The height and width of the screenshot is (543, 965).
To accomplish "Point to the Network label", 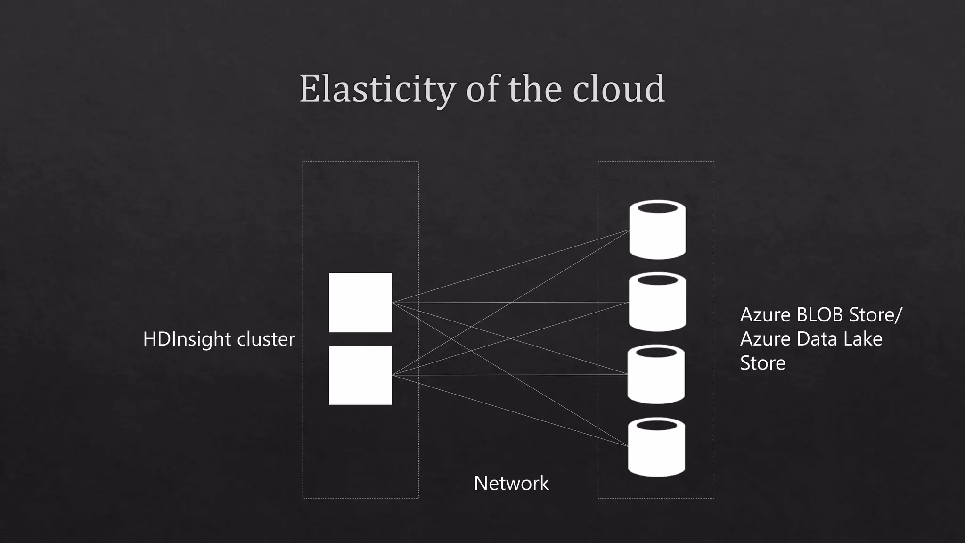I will [x=511, y=483].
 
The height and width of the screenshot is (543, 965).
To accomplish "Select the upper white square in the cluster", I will [x=360, y=303].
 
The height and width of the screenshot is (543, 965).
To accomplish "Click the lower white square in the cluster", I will [x=360, y=375].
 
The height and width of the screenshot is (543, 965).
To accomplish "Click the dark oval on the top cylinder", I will [x=657, y=208].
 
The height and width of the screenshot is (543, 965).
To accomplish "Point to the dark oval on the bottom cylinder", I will [x=656, y=425].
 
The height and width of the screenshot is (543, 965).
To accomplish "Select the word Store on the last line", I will [x=763, y=363].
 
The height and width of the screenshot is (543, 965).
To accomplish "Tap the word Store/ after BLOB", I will [x=875, y=315].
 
